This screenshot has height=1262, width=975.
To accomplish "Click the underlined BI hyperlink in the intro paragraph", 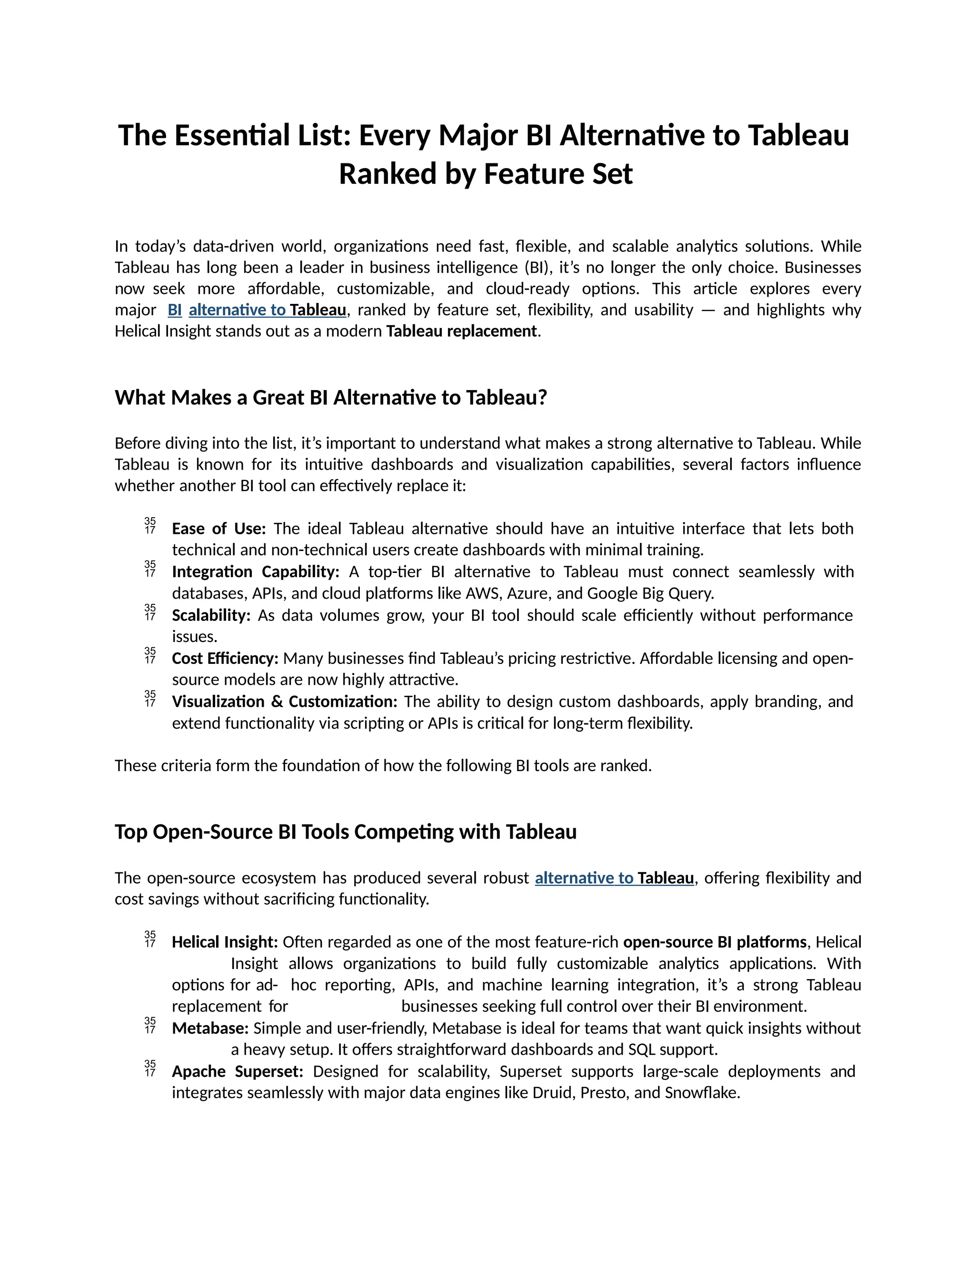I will tap(174, 310).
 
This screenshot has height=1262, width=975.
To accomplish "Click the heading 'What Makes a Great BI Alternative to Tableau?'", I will tap(330, 398).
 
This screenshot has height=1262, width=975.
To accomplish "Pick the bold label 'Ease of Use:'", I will tap(219, 529).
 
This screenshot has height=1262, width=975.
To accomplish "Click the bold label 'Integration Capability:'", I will tap(255, 572).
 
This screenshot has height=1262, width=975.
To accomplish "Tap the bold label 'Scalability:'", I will tap(211, 615).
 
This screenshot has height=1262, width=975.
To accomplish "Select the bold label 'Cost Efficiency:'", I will tap(225, 659).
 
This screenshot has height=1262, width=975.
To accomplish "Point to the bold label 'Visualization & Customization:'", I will tap(284, 701).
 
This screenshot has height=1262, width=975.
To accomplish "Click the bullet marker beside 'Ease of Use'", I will tap(150, 526).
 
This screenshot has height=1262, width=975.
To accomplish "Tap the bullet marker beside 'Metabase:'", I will tap(150, 1026).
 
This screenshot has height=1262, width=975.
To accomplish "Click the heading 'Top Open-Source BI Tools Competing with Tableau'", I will tap(346, 832).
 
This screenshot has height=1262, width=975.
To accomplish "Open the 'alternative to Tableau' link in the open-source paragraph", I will tap(614, 878).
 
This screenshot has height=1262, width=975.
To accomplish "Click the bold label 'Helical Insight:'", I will tap(225, 942).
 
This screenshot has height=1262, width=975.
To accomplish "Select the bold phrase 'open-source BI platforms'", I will tap(715, 942).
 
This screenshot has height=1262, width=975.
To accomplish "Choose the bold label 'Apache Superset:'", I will tap(238, 1072).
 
